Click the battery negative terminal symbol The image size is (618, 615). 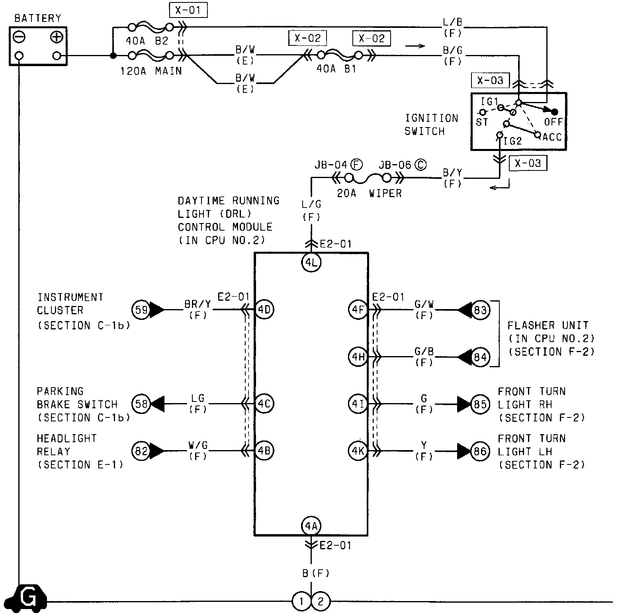tap(19, 37)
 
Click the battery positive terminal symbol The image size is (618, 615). tap(57, 37)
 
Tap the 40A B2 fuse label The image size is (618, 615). tap(147, 41)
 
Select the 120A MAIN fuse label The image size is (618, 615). tap(151, 71)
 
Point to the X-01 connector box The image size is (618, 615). tap(188, 10)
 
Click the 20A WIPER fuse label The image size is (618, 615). tap(369, 194)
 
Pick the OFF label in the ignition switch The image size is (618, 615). tap(553, 121)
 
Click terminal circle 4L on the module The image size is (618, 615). tap(311, 263)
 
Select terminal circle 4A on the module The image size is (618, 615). tap(311, 526)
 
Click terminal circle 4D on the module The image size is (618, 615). tap(264, 309)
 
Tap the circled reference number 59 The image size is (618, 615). tap(141, 309)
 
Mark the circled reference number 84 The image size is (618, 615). tap(480, 357)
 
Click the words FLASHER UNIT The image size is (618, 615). tap(548, 325)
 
